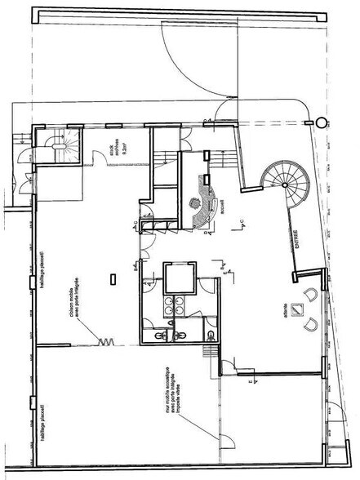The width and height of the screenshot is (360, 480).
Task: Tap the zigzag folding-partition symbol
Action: click(x=104, y=341)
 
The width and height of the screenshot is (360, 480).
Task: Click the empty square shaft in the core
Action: click(x=178, y=278)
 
